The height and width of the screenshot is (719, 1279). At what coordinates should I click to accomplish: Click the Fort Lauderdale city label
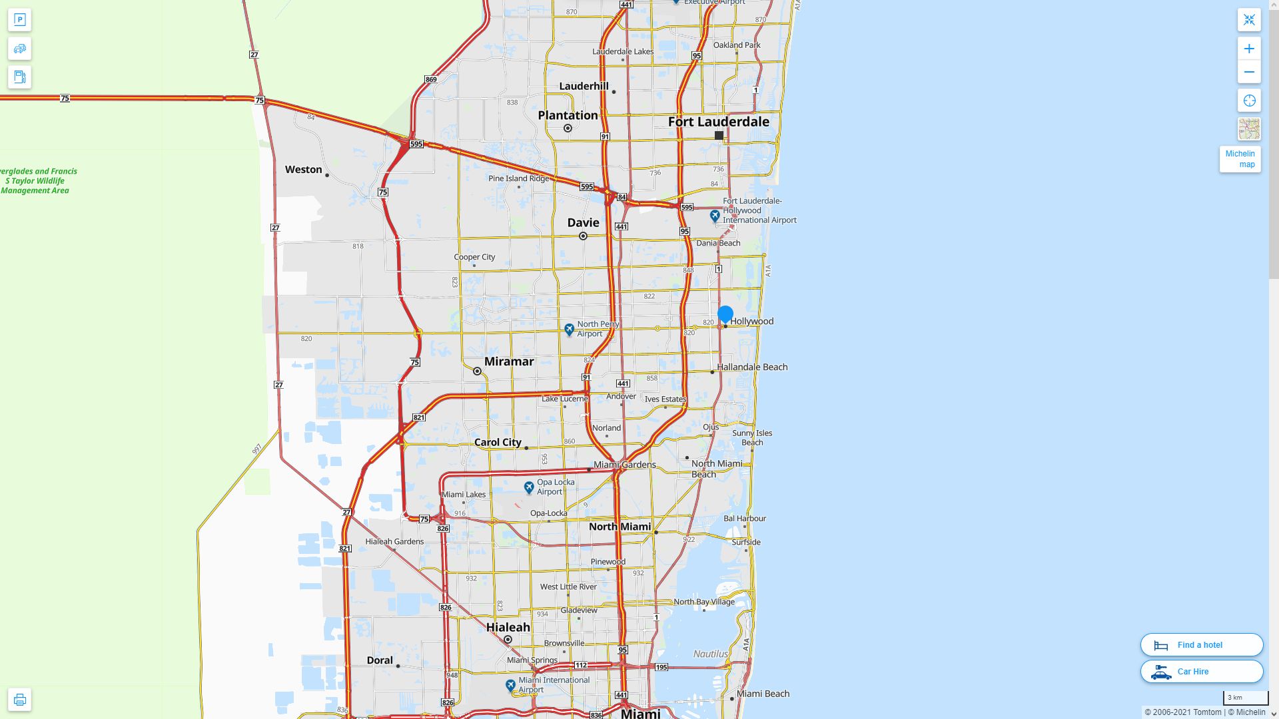pos(718,122)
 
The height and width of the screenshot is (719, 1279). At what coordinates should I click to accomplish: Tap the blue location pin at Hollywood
pos(725,314)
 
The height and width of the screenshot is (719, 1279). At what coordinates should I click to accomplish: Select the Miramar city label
pos(509,361)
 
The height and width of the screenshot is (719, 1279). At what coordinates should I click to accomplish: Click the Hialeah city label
pos(508,627)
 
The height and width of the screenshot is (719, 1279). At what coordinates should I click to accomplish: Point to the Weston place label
pos(304,170)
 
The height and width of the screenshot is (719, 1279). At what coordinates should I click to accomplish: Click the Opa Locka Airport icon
pos(529,487)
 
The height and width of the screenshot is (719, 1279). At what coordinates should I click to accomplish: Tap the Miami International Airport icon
pos(510,685)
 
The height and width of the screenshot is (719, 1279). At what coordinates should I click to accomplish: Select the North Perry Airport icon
pos(569,329)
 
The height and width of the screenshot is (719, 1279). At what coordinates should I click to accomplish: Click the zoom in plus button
pos(1249,49)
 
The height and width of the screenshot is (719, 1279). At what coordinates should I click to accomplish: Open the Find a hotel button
pos(1201,644)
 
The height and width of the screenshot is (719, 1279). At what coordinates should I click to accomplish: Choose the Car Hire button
pos(1201,671)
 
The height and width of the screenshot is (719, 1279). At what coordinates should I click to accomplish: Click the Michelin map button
pos(1240,159)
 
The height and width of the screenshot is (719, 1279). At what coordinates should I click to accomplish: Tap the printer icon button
pos(19,699)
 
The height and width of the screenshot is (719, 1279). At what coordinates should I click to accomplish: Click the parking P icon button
pos(19,20)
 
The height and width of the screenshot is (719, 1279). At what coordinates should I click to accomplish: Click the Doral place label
pos(380,660)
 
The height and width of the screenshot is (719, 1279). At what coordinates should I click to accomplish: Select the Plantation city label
pos(568,115)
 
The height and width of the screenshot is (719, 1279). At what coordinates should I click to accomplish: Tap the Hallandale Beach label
pos(752,367)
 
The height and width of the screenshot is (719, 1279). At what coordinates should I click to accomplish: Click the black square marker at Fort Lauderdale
pos(719,135)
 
